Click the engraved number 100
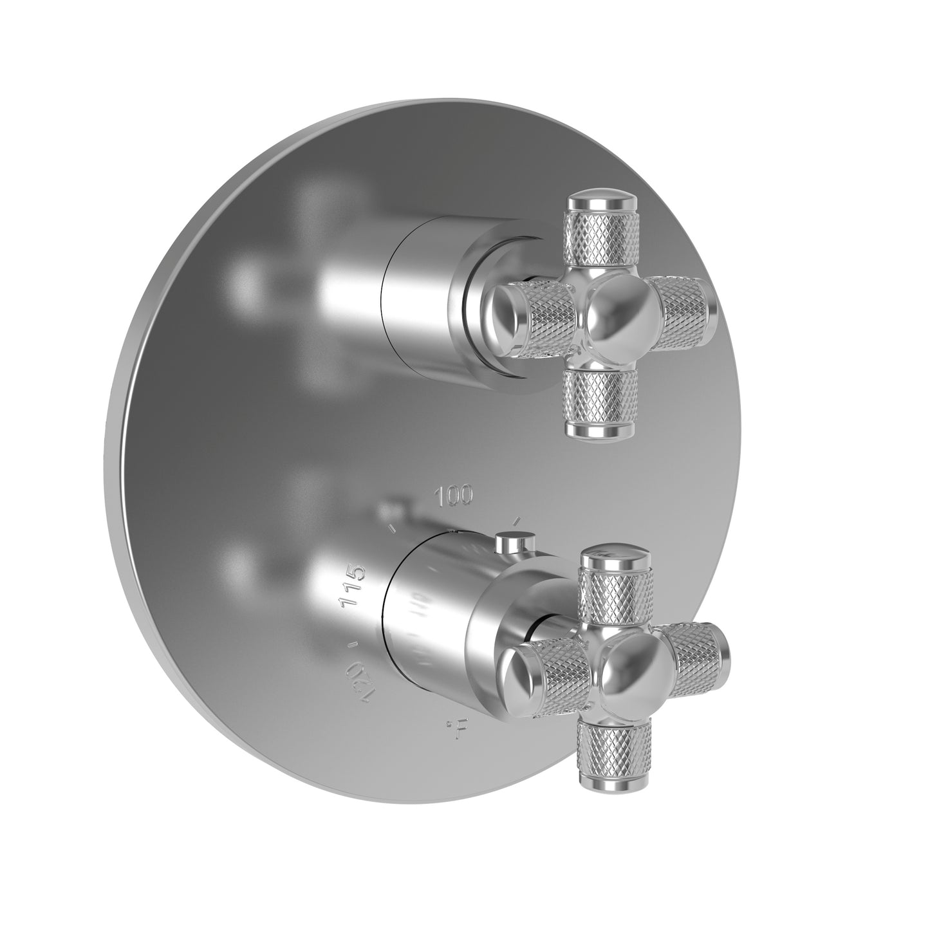[454, 496]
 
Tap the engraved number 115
[353, 586]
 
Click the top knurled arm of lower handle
[613, 592]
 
